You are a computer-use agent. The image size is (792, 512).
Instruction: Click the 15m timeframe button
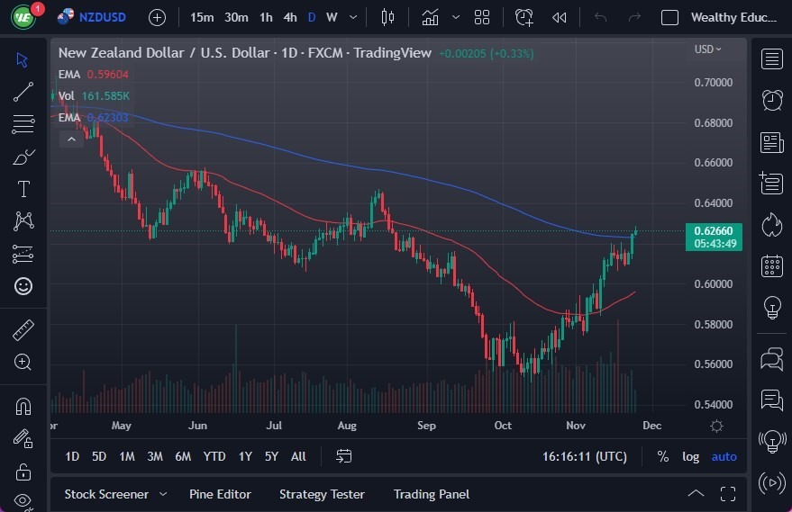pos(203,17)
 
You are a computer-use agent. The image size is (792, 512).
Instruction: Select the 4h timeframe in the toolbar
pos(289,17)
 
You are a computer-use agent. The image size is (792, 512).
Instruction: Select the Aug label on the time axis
pos(347,426)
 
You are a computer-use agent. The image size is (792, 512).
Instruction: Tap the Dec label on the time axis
pos(651,426)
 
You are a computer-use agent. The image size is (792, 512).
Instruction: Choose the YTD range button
pos(214,456)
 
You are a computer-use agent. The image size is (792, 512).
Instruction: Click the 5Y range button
pos(271,456)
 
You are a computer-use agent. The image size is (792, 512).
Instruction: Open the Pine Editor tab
pos(220,494)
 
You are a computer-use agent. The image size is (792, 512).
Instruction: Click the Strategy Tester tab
pos(322,494)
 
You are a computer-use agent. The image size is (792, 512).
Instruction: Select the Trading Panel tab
pos(432,494)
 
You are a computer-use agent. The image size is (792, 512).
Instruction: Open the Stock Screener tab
pos(105,494)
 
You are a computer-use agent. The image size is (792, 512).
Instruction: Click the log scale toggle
pos(690,456)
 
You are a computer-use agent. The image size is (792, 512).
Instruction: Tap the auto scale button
pos(724,456)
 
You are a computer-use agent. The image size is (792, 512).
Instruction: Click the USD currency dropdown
pos(707,49)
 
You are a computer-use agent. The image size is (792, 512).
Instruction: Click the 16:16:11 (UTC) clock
pos(586,456)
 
